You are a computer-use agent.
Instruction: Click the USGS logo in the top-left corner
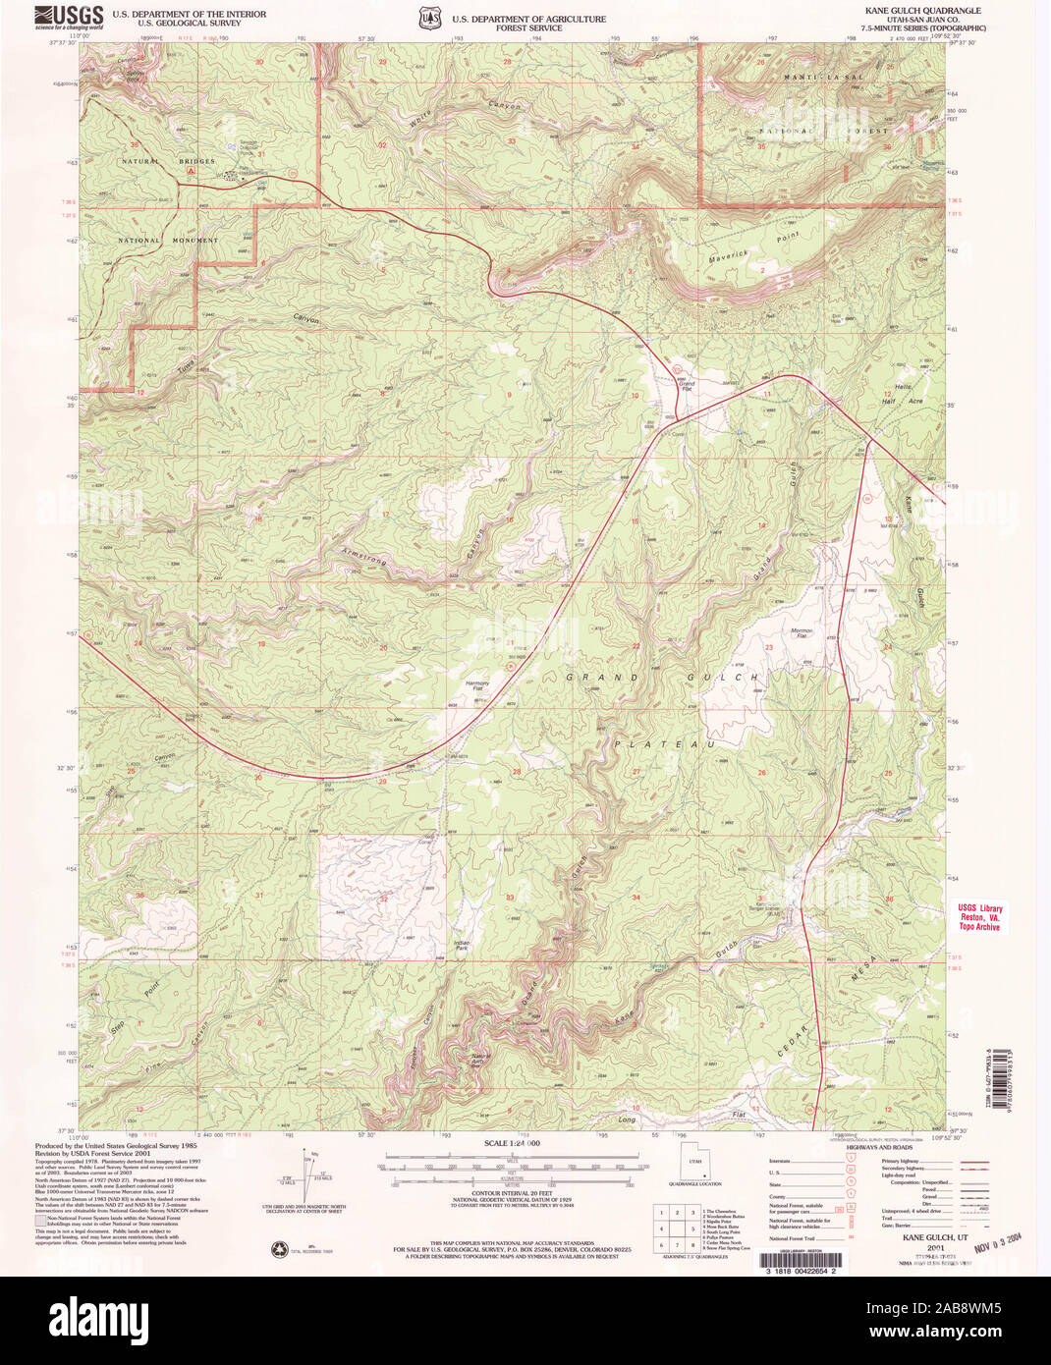point(69,18)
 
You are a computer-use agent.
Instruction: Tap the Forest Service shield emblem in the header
point(427,19)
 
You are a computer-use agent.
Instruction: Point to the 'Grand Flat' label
point(687,385)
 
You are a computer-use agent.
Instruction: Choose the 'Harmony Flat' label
point(476,684)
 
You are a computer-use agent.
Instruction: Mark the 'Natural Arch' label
point(478,1058)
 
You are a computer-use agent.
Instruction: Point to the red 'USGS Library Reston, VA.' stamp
point(979,917)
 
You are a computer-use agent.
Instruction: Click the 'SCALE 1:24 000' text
point(512,1144)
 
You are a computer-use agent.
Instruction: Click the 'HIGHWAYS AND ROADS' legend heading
point(882,1147)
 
